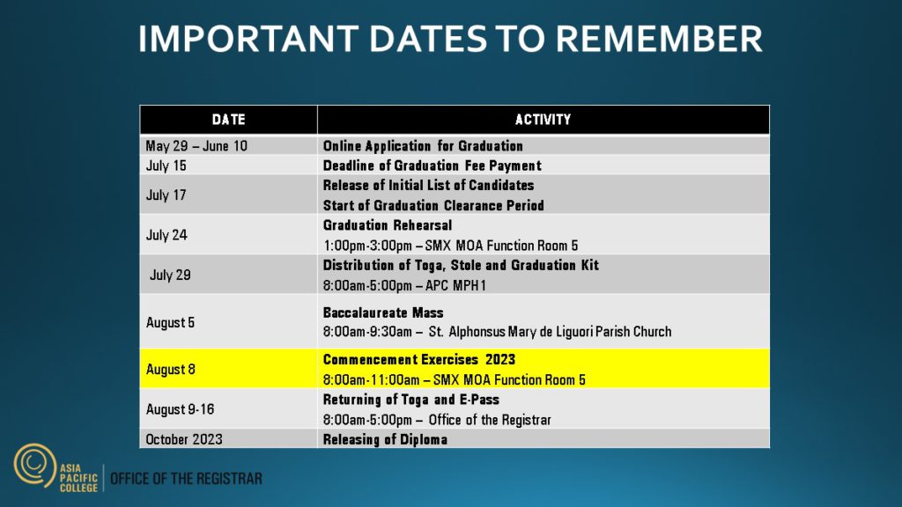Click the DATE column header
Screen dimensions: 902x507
coord(228,120)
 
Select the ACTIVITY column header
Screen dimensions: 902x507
coord(543,120)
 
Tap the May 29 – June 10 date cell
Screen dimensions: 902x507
coord(228,145)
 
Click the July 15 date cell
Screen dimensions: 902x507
coord(228,165)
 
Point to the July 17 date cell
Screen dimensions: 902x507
coord(228,195)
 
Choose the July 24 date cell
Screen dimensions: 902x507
coord(228,234)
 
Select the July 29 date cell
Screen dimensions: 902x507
coord(228,275)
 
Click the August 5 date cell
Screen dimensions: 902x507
coord(228,322)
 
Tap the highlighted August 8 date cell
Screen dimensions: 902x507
coord(228,369)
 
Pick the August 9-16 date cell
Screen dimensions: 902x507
coord(228,408)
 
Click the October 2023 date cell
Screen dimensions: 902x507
coord(228,438)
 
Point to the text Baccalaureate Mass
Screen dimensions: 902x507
coord(383,312)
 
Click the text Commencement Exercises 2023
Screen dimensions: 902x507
coord(418,359)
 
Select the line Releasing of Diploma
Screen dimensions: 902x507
coord(385,440)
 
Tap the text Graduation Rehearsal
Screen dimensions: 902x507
coord(388,225)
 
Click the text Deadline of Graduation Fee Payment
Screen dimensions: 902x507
coord(432,165)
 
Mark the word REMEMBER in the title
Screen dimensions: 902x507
coord(659,39)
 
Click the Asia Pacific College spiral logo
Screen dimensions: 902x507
coord(34,465)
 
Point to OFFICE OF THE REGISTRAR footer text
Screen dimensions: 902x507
coord(186,478)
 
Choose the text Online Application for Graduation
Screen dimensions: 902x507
coord(423,146)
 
